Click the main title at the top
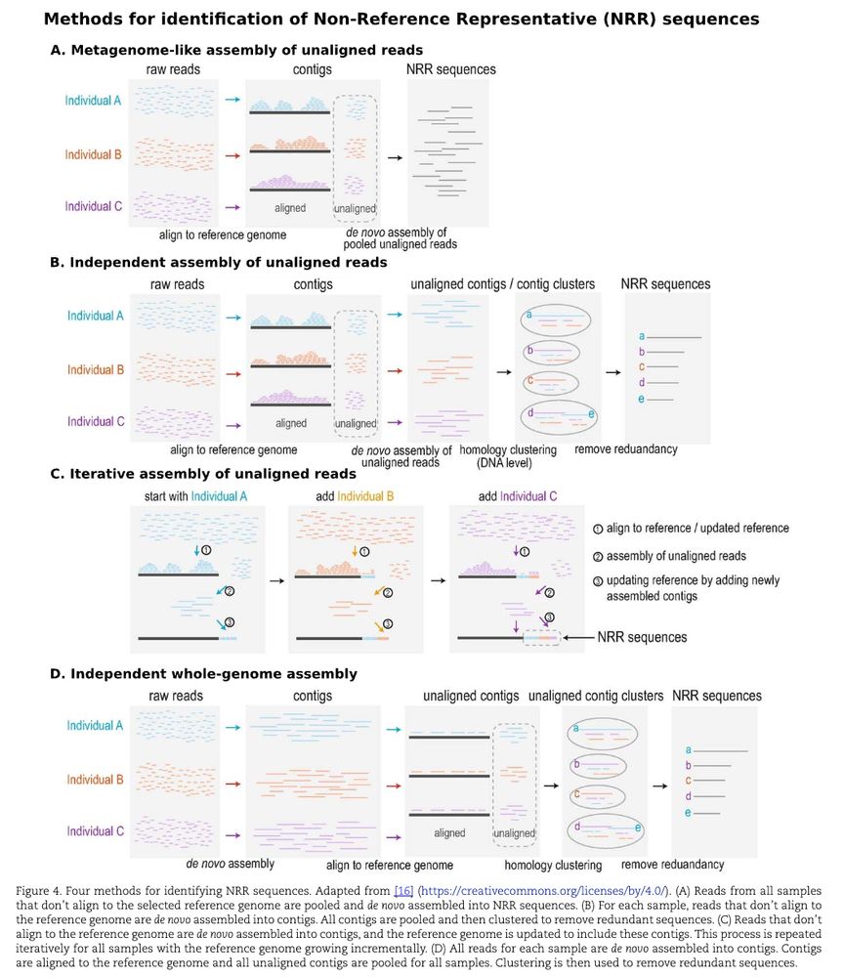click(401, 19)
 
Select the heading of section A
click(236, 50)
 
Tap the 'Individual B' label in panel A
click(93, 154)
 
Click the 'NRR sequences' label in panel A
click(450, 69)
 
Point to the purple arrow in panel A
click(232, 207)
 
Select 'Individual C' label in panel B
click(96, 422)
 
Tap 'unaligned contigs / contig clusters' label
click(503, 284)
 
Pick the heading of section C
click(203, 474)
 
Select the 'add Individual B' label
click(355, 495)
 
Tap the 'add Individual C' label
click(518, 495)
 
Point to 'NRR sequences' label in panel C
click(642, 637)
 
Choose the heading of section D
click(203, 673)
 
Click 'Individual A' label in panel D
click(95, 726)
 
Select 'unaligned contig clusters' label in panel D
click(595, 696)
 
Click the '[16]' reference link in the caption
click(403, 890)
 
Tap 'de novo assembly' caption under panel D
click(231, 864)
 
